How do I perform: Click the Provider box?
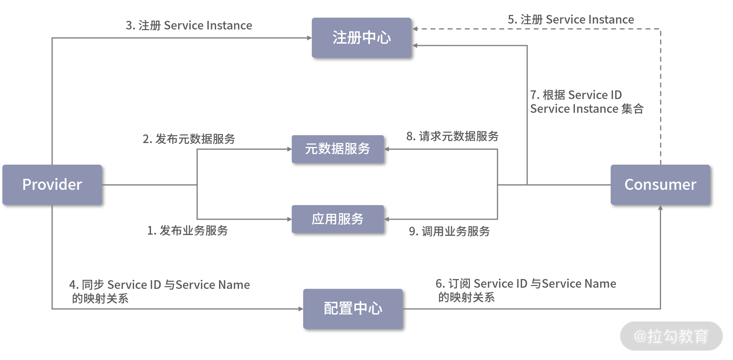point(52,185)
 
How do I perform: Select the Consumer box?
point(660,185)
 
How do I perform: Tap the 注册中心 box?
point(361,38)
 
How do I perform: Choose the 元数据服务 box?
point(337,149)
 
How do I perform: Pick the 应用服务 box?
point(337,219)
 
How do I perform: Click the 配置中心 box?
point(353,309)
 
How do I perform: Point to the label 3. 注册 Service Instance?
point(189,26)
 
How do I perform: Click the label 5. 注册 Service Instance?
point(571,20)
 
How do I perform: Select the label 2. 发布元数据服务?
point(189,139)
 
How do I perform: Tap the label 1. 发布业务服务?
point(188,231)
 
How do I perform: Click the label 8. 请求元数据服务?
point(452,136)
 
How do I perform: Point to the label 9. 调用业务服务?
point(449,231)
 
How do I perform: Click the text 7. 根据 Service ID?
point(576,95)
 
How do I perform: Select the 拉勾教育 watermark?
point(671,336)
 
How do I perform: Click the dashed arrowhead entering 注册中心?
point(415,29)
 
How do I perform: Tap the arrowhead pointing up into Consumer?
point(660,208)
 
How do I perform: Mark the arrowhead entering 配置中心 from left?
point(300,309)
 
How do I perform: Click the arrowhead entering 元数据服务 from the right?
point(387,149)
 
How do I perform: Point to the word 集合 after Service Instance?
point(632,109)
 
